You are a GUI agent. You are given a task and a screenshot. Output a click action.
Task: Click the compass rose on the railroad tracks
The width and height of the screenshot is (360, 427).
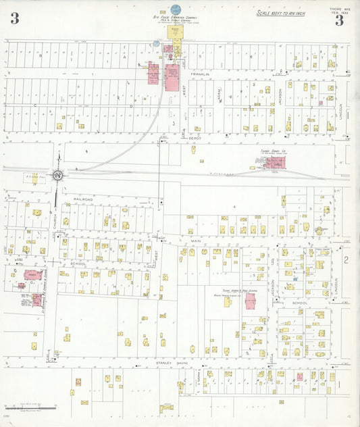59,175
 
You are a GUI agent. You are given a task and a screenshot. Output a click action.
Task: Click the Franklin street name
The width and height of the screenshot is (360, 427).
200,74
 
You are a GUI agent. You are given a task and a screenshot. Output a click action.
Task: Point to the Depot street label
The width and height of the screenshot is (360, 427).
196,137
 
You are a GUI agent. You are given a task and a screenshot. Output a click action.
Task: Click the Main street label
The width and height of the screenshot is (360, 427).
197,241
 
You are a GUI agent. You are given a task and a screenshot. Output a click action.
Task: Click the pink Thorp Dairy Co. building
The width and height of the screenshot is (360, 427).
274,162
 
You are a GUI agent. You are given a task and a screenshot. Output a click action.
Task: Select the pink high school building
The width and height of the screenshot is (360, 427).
250,301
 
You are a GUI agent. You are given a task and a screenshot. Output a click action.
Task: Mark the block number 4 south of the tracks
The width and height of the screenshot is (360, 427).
234,205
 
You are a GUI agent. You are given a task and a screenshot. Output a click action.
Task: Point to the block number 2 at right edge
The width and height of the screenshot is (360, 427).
344,259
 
